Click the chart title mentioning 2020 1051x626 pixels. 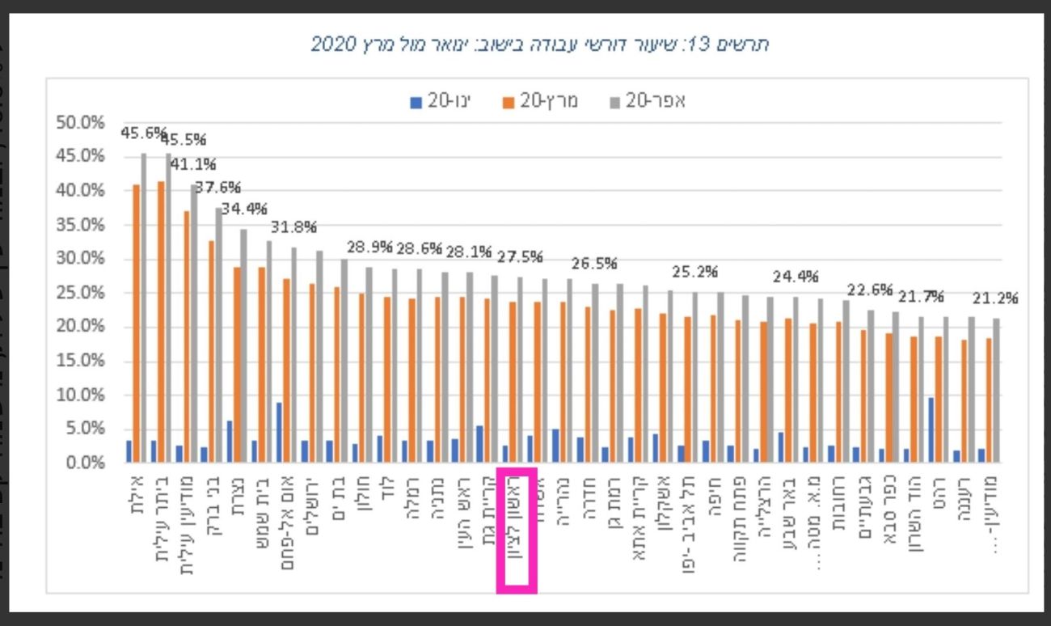[x=539, y=44]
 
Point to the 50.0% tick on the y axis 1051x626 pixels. [x=80, y=123]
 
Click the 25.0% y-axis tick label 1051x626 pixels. [x=80, y=293]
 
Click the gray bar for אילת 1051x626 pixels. [x=144, y=307]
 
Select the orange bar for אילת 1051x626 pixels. [x=136, y=324]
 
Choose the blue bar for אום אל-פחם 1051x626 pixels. [x=278, y=433]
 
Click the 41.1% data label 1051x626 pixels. [x=193, y=165]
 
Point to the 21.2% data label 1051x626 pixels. [x=995, y=298]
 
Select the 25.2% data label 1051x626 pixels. [x=694, y=271]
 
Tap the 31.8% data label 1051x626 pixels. [x=293, y=226]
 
